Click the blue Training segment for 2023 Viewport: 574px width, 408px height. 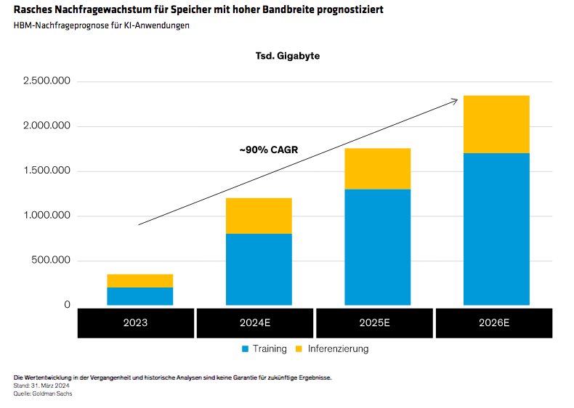[x=140, y=296]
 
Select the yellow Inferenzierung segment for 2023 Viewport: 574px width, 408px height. [x=140, y=281]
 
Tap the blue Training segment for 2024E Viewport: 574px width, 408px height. [x=259, y=269]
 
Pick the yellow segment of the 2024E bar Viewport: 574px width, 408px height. [x=259, y=216]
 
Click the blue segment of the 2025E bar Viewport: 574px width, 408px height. [x=378, y=247]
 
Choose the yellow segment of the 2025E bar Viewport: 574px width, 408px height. [x=378, y=168]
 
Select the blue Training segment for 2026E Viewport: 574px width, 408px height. [x=496, y=229]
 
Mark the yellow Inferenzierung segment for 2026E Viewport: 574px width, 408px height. [x=496, y=124]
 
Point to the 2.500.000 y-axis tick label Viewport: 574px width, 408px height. [x=47, y=81]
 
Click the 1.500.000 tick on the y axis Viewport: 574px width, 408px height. [x=47, y=171]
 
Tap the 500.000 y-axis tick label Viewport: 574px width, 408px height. [x=51, y=261]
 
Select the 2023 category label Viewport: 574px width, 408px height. [x=136, y=322]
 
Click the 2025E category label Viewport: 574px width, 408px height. [x=374, y=322]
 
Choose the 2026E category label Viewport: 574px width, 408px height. [x=493, y=322]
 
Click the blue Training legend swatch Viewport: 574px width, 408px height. [x=246, y=349]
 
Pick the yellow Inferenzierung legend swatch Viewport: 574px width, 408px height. [x=299, y=349]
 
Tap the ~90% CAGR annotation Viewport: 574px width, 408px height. [x=268, y=150]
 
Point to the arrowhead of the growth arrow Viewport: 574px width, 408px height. [x=456, y=99]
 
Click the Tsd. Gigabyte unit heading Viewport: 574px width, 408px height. [x=287, y=56]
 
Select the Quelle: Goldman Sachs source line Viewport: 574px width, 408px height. [x=43, y=393]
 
